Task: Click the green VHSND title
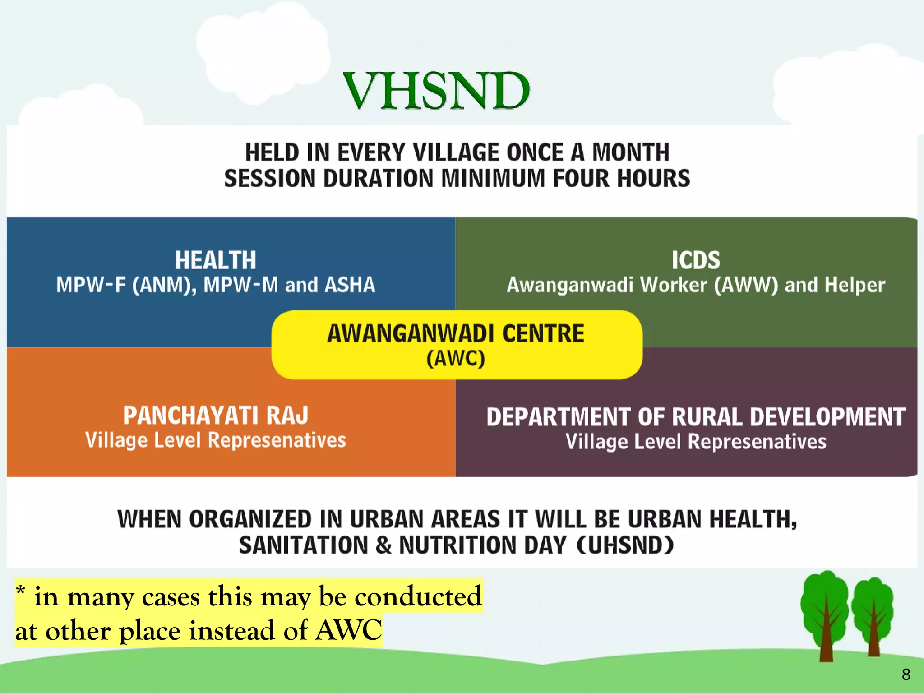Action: [x=436, y=91]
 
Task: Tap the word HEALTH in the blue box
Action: [x=216, y=260]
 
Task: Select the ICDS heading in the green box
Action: [x=696, y=260]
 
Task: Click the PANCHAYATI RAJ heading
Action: [x=216, y=416]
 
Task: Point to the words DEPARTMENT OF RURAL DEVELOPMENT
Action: [x=696, y=417]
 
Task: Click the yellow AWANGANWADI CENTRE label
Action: [x=456, y=334]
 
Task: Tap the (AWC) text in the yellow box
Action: [x=456, y=359]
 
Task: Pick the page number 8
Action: [x=906, y=675]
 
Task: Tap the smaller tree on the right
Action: [x=873, y=616]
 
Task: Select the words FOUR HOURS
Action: [x=621, y=179]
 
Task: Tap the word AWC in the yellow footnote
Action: [x=348, y=630]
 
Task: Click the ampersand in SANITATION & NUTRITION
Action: [x=383, y=545]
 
